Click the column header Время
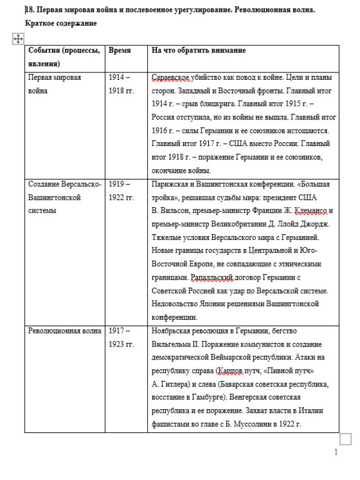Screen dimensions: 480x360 (x=119, y=50)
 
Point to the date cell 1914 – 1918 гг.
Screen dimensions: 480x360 (x=121, y=84)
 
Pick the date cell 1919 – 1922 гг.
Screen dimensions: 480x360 (x=121, y=191)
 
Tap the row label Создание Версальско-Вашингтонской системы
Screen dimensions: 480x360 (x=65, y=198)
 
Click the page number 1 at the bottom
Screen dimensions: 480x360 (x=336, y=452)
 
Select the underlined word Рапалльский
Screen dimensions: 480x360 (x=212, y=277)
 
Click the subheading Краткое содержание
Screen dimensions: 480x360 (x=61, y=23)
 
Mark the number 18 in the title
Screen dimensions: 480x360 (x=30, y=10)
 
